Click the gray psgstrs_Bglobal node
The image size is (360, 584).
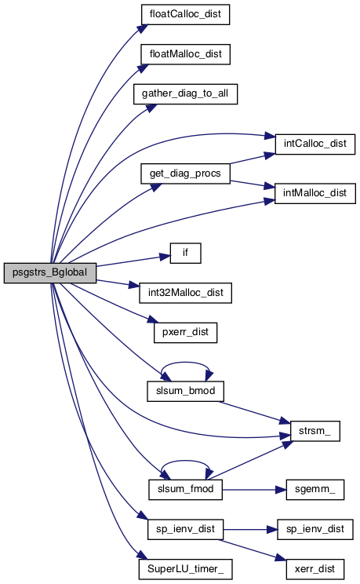coord(50,272)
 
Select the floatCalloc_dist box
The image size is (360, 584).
coord(185,15)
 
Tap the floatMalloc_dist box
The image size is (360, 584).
coord(185,54)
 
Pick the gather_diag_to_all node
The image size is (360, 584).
coord(185,94)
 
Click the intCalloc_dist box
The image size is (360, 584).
coord(315,144)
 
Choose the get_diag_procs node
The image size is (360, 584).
coord(185,173)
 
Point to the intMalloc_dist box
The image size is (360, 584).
coord(315,193)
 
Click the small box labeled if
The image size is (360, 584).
coord(185,254)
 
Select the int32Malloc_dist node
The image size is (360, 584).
coord(185,293)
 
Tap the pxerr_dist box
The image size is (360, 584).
coord(185,333)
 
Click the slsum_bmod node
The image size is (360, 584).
coord(185,391)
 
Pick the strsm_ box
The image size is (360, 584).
coord(315,431)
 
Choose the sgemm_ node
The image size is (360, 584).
coord(315,490)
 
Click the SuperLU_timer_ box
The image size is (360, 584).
coord(185,569)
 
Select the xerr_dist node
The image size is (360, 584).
coord(315,569)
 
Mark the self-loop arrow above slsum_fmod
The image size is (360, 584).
coord(185,462)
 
